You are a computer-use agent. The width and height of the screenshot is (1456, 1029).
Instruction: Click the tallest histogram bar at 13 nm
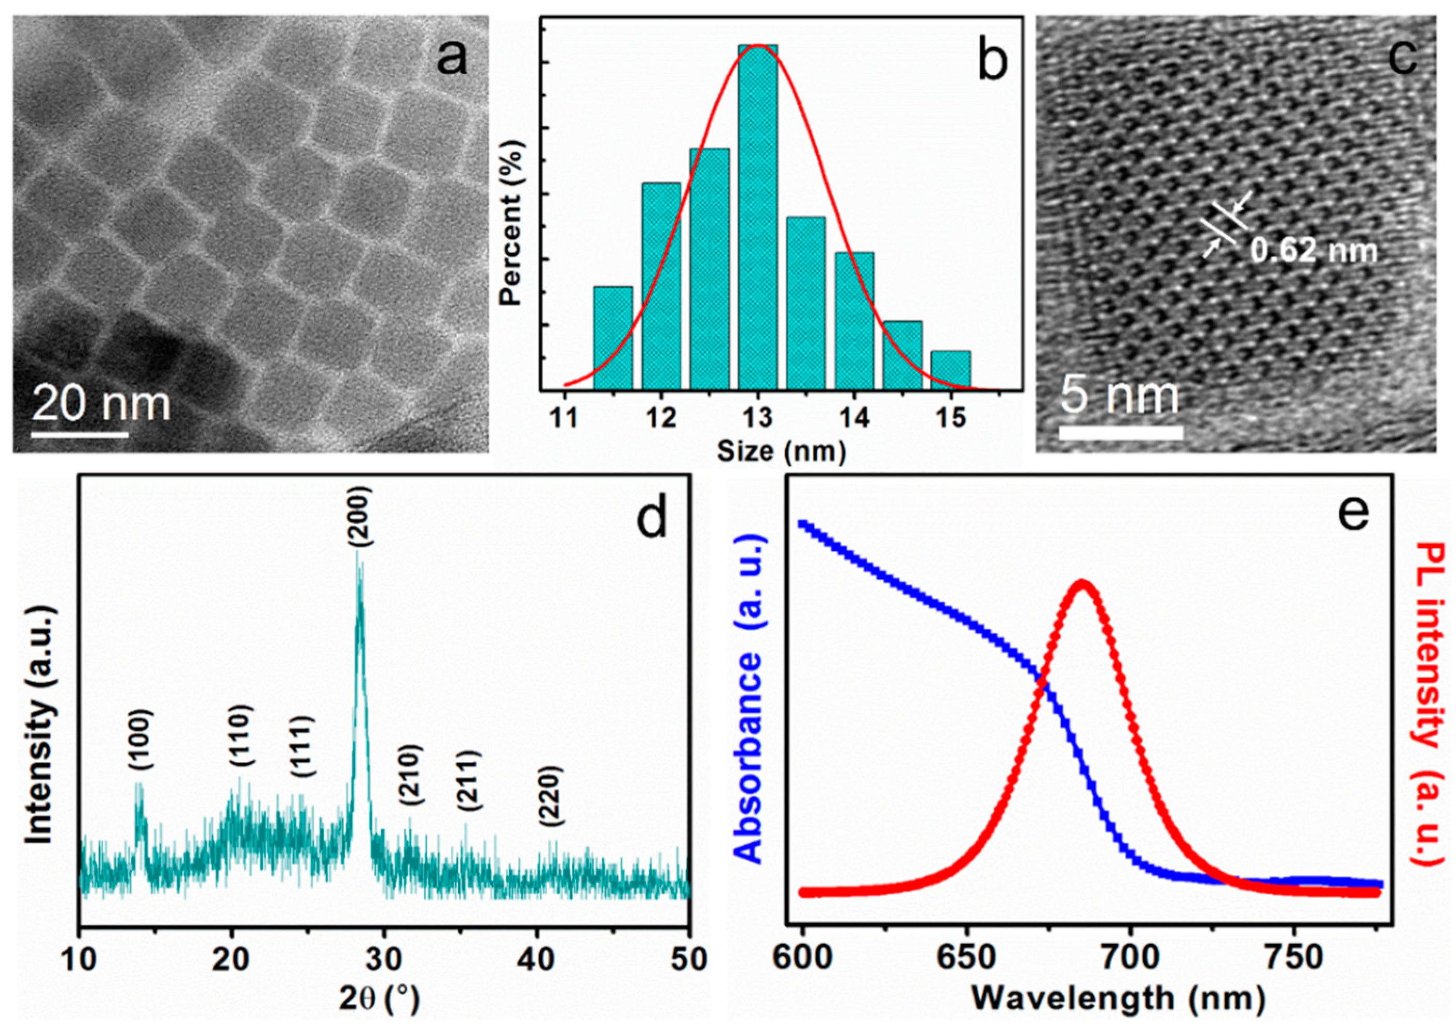(758, 216)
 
